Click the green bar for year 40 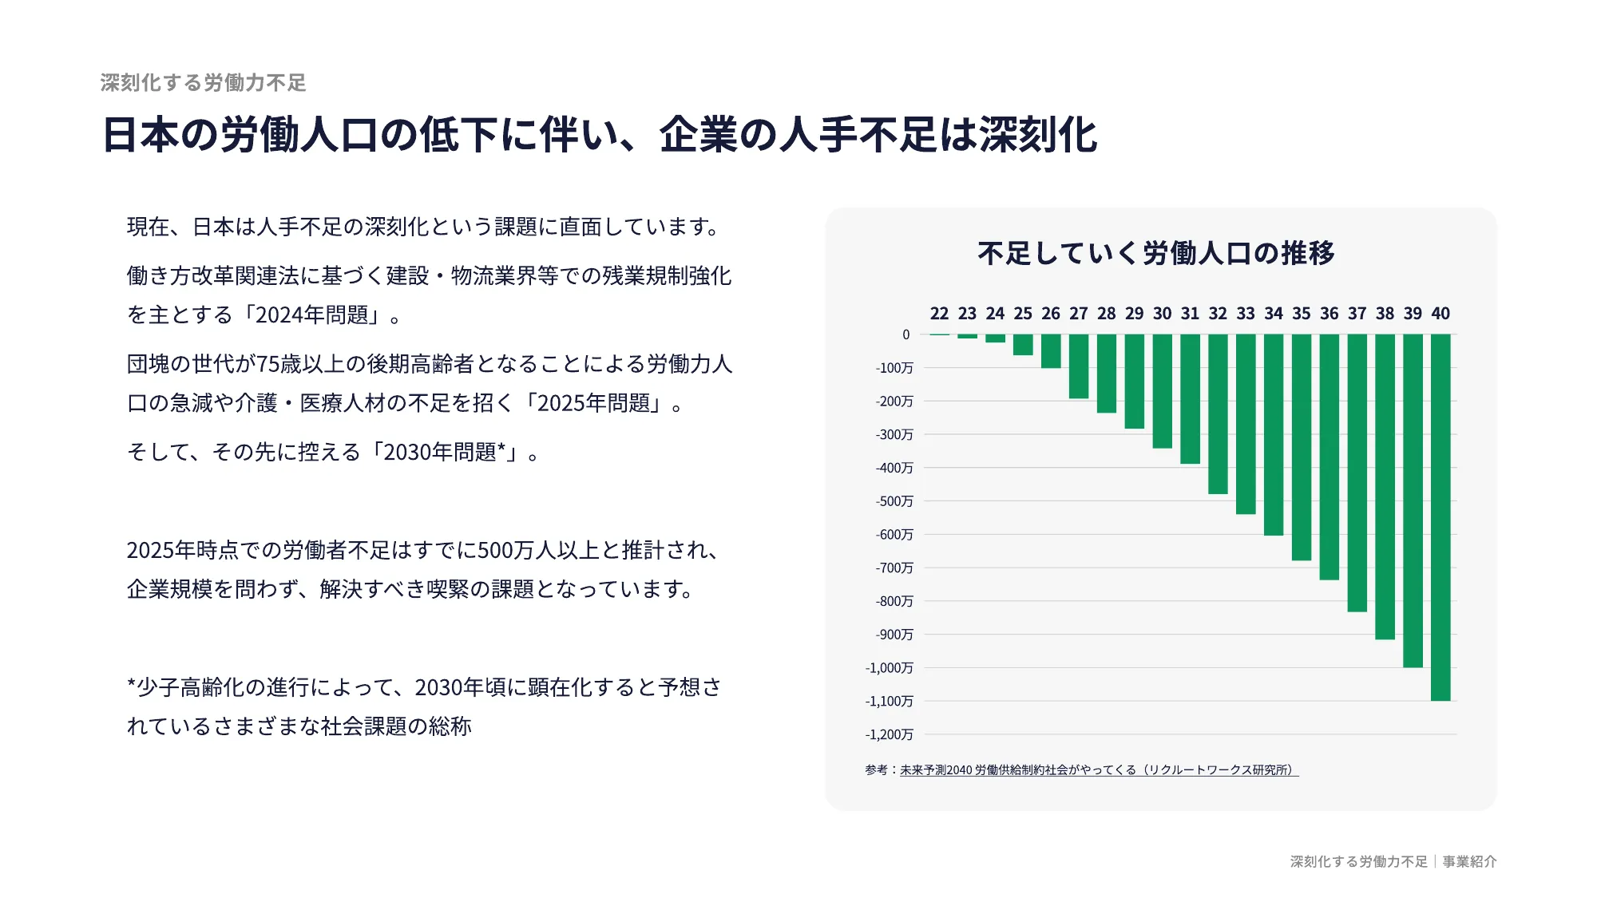[x=1440, y=517]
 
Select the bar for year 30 [x=1162, y=391]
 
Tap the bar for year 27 [x=1079, y=366]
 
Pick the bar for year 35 [x=1302, y=447]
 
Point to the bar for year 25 [x=1023, y=345]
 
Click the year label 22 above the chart [x=939, y=314]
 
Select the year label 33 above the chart [x=1246, y=314]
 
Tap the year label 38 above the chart [x=1385, y=314]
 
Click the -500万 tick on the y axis [x=894, y=501]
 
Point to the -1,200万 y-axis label [x=889, y=734]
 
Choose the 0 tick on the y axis [x=905, y=334]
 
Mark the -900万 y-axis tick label [x=894, y=635]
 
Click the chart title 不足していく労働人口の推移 [x=1156, y=253]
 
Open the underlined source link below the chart [x=1099, y=770]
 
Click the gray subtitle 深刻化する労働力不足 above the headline [x=204, y=83]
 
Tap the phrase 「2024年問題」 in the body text [x=315, y=315]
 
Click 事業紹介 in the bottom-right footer [x=1469, y=862]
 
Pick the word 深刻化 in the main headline [x=1038, y=135]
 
